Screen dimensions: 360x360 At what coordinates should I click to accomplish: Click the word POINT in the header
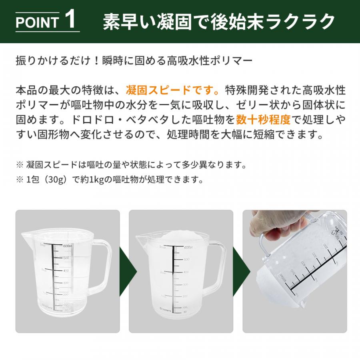(37, 22)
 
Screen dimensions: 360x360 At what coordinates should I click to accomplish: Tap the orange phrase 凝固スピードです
(172, 89)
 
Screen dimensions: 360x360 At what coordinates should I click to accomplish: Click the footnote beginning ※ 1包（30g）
(110, 180)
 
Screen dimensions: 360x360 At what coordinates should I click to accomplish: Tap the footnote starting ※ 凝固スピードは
(130, 164)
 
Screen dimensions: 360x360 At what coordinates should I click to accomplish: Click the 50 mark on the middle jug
(186, 311)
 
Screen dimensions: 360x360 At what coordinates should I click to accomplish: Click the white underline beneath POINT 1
(48, 32)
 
